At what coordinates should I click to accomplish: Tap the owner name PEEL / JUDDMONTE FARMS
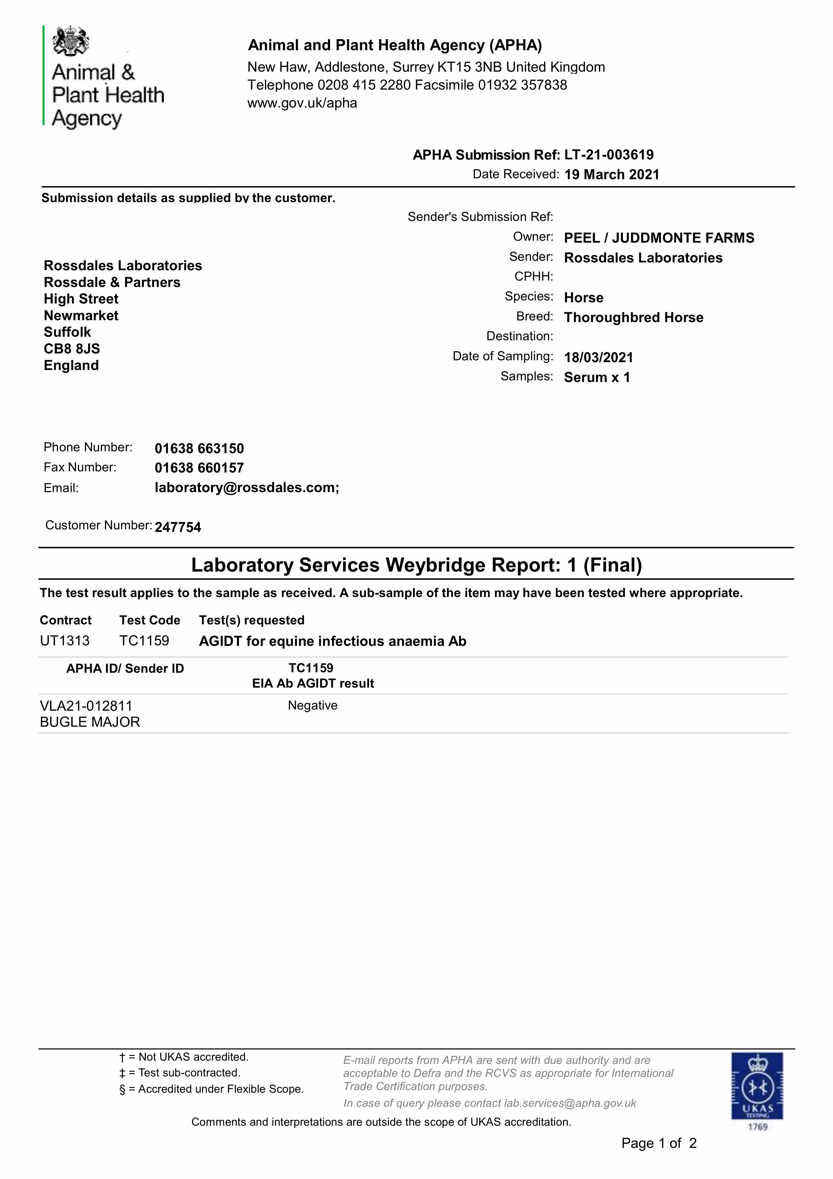click(659, 238)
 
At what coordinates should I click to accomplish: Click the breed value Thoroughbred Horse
click(633, 317)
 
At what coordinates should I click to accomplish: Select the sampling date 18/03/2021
click(598, 357)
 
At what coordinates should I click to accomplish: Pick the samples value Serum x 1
click(597, 378)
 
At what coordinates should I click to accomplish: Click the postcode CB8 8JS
click(72, 349)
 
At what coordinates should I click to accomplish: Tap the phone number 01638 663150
click(199, 448)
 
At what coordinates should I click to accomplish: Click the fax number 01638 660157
click(199, 468)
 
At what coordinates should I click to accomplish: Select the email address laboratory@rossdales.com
click(247, 487)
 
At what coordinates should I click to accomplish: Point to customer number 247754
click(178, 527)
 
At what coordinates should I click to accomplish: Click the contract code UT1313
click(65, 641)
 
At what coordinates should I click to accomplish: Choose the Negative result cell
click(312, 706)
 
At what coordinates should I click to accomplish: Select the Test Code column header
click(149, 620)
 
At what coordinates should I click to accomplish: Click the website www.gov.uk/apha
click(302, 103)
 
